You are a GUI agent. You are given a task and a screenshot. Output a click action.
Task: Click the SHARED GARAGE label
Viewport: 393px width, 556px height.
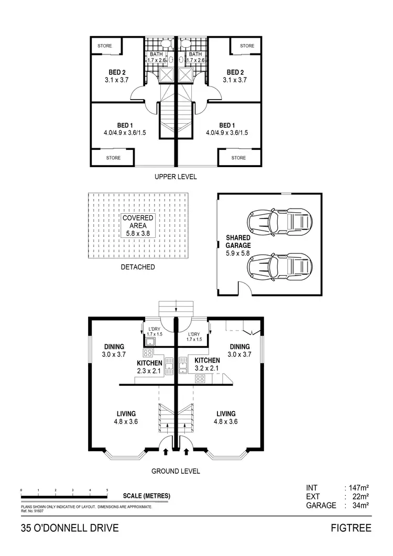[x=238, y=241]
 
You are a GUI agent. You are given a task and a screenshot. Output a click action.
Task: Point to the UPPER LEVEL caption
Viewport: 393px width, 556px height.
[x=176, y=177]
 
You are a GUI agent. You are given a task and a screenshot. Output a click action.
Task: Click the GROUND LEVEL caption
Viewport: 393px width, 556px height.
[x=176, y=471]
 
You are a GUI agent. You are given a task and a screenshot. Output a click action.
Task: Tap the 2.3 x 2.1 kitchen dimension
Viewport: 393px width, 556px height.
[x=149, y=371]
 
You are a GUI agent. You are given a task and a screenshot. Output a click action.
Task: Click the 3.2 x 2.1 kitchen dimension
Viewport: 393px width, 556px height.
[x=207, y=368]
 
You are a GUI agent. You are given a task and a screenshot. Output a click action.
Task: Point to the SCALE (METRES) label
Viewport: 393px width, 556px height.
[x=146, y=496]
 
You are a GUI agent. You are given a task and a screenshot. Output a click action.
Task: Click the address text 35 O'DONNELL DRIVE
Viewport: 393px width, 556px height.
[x=70, y=528]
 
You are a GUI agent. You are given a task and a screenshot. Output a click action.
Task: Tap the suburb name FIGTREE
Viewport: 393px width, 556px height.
[x=351, y=528]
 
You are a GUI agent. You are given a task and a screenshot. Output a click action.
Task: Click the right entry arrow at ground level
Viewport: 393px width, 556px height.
[x=187, y=450]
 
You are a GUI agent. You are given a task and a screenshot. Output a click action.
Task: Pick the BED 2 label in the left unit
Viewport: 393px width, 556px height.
[x=117, y=72]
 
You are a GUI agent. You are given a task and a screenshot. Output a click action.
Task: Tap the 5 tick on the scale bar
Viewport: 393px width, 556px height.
[x=107, y=490]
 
